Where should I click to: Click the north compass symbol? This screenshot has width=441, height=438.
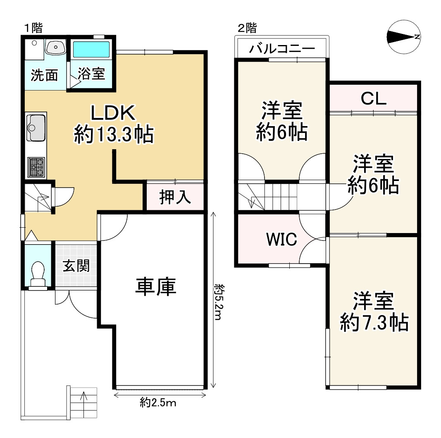pos(403,37)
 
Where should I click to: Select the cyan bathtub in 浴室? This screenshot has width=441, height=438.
pos(91,50)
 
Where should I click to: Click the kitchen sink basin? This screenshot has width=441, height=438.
pos(36,127)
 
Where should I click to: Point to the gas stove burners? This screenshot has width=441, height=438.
pos(36,167)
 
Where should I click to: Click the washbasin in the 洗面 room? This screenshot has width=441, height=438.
pos(56,47)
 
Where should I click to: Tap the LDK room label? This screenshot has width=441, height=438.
pos(113,113)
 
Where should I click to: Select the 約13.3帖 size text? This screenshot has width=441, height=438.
pos(114,134)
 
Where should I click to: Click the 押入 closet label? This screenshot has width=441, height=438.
pos(175,197)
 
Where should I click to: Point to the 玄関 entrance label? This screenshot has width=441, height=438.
pos(76,266)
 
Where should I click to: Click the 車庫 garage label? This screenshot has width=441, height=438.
pos(156,286)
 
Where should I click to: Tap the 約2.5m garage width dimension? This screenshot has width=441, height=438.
pos(158,403)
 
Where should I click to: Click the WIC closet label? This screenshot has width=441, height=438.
pos(281,239)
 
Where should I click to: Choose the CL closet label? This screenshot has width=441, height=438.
pos(374,98)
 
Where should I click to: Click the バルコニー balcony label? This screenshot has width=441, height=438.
pos(282,49)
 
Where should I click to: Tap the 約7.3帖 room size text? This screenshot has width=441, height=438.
pos(374,322)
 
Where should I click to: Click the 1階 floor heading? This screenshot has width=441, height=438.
pos(33,28)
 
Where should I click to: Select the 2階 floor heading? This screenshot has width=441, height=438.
pos(247,28)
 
